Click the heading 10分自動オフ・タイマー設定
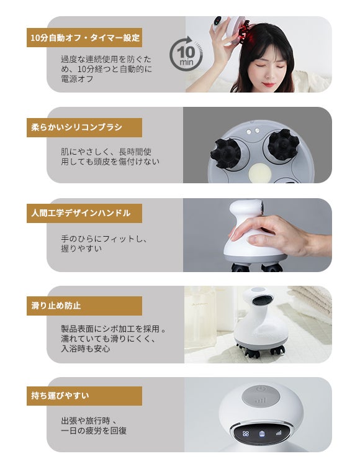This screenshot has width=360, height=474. pos(85,38)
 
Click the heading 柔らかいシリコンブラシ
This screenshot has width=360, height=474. pos(76,127)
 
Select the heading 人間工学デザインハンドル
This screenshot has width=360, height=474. pos(81,213)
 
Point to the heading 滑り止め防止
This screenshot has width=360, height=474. pos(56,306)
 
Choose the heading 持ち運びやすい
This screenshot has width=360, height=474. pos(60,395)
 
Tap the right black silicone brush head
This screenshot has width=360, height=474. pos(283,145)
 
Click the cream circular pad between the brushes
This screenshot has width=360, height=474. pos(259,173)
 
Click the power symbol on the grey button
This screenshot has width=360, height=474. pos(260,389)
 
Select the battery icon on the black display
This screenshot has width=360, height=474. pos(262,434)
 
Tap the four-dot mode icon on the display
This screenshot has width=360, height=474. pos(246,434)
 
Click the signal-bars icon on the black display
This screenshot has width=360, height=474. pos(278,433)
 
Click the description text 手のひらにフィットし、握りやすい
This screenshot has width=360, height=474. pos(104,244)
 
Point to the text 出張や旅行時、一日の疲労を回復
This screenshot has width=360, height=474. pos(94,426)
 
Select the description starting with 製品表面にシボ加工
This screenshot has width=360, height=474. pos(114,339)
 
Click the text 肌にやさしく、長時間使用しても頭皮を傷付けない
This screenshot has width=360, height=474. pos(110,157)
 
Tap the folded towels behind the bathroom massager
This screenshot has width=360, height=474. pos(310,300)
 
